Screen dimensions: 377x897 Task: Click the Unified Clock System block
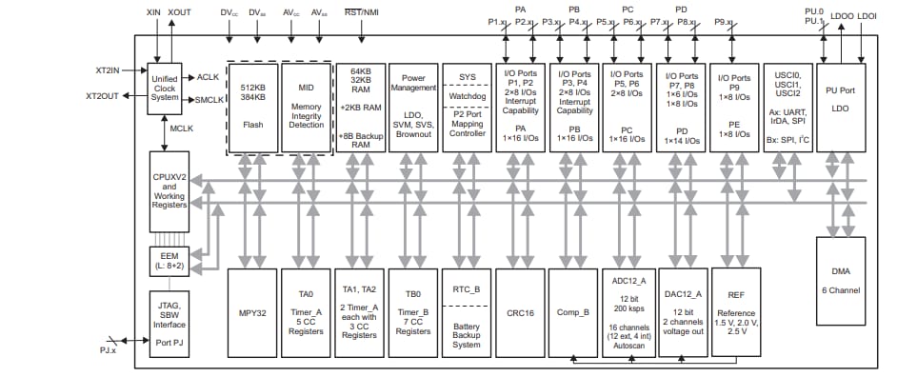pos(166,89)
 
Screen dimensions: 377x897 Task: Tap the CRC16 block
pos(520,311)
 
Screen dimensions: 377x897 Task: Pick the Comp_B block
pos(573,311)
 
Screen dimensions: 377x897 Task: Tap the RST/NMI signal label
pos(362,12)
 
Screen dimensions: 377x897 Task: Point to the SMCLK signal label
pos(209,99)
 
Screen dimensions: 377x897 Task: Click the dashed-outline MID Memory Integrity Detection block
pos(307,105)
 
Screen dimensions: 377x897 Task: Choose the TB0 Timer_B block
pos(413,311)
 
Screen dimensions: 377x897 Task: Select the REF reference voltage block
pos(736,311)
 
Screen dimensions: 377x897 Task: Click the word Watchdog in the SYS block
pos(467,95)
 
